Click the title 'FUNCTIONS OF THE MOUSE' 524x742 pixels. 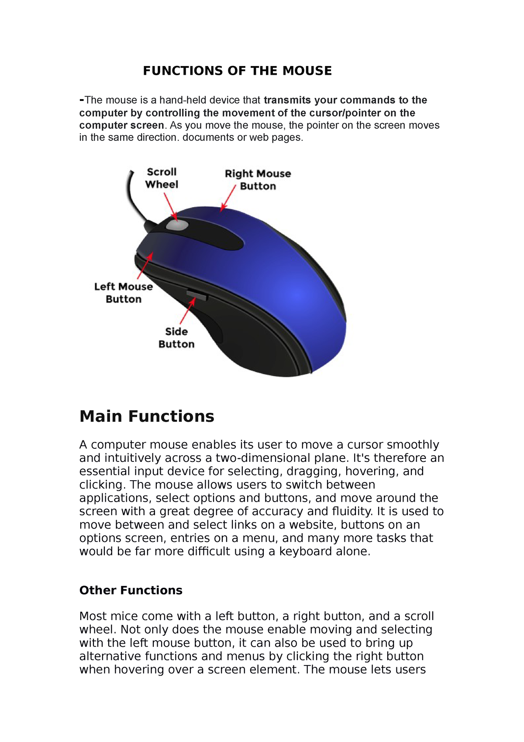[x=237, y=71]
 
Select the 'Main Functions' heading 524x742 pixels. [x=147, y=416]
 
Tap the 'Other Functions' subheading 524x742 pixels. [x=131, y=590]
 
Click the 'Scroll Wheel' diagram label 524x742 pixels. [x=162, y=178]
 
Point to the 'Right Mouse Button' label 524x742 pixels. [x=258, y=180]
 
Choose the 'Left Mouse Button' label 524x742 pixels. [x=124, y=293]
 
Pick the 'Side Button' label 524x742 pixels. [x=176, y=338]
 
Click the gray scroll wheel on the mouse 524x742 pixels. [x=177, y=225]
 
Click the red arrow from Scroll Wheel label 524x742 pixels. [x=171, y=207]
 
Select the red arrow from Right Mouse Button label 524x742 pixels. [x=228, y=198]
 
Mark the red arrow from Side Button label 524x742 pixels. [x=188, y=310]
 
